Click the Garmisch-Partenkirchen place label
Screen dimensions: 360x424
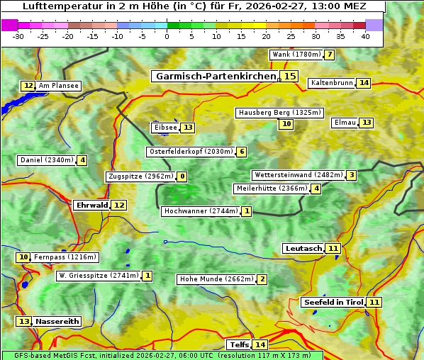tap(215, 76)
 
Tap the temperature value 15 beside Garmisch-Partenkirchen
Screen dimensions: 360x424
tap(290, 76)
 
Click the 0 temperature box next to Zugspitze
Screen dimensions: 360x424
tap(182, 176)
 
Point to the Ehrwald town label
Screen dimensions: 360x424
tap(91, 205)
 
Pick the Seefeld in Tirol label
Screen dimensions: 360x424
tap(333, 302)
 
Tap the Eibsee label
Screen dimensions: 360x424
tap(165, 128)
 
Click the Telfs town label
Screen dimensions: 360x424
tap(238, 344)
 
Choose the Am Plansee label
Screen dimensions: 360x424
tap(58, 86)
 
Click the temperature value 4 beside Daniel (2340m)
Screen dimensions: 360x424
tap(82, 160)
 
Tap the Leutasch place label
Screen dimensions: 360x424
tap(303, 248)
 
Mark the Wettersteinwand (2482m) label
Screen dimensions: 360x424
tap(298, 175)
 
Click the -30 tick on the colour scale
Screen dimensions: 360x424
tap(18, 36)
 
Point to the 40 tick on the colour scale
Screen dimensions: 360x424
tap(365, 36)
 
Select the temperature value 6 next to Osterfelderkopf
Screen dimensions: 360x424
tap(242, 152)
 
